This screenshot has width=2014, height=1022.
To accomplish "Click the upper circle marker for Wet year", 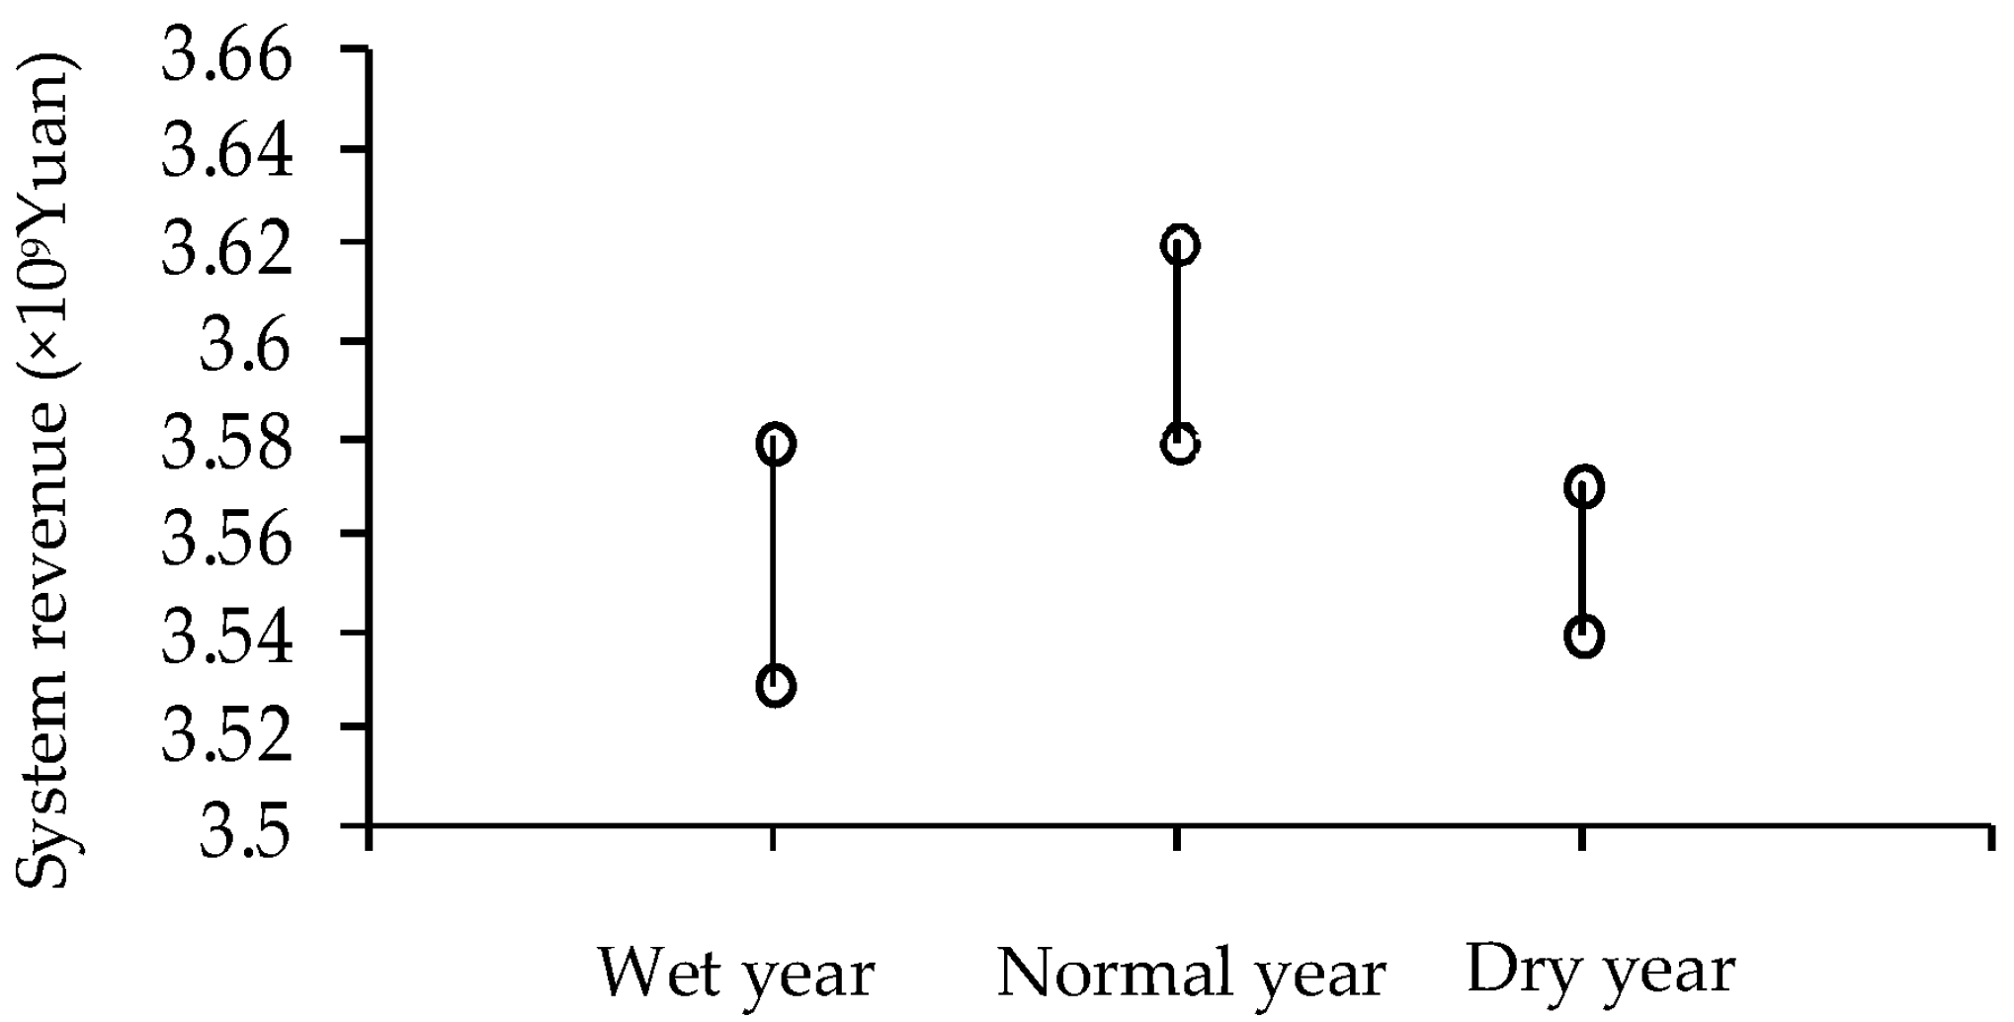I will coord(776,445).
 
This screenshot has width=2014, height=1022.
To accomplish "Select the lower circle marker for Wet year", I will coord(776,686).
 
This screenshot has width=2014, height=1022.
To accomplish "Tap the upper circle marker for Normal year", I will coord(1180,245).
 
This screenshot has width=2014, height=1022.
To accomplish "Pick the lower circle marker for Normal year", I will coord(1180,445).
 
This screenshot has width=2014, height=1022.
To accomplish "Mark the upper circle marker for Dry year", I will coord(1584,487).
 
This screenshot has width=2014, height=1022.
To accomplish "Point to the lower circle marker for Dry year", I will coord(1584,637).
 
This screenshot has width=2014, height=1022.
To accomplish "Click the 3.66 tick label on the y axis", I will coord(227,57).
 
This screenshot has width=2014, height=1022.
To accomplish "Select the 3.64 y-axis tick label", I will coord(227,154).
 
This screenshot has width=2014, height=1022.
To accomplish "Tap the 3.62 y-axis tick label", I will coord(227,249).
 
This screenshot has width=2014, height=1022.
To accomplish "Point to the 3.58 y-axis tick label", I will coord(227,444).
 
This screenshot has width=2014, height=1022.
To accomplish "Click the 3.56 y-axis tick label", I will coord(227,540).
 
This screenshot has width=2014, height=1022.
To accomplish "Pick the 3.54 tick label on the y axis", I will coord(227,638).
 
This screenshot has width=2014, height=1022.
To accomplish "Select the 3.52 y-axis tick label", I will coord(227,733).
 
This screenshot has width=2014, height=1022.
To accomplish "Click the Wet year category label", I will coord(736,974).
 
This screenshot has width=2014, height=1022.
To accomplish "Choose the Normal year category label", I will coord(1191,974).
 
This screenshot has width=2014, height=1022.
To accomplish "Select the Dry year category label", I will coord(1601,971).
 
